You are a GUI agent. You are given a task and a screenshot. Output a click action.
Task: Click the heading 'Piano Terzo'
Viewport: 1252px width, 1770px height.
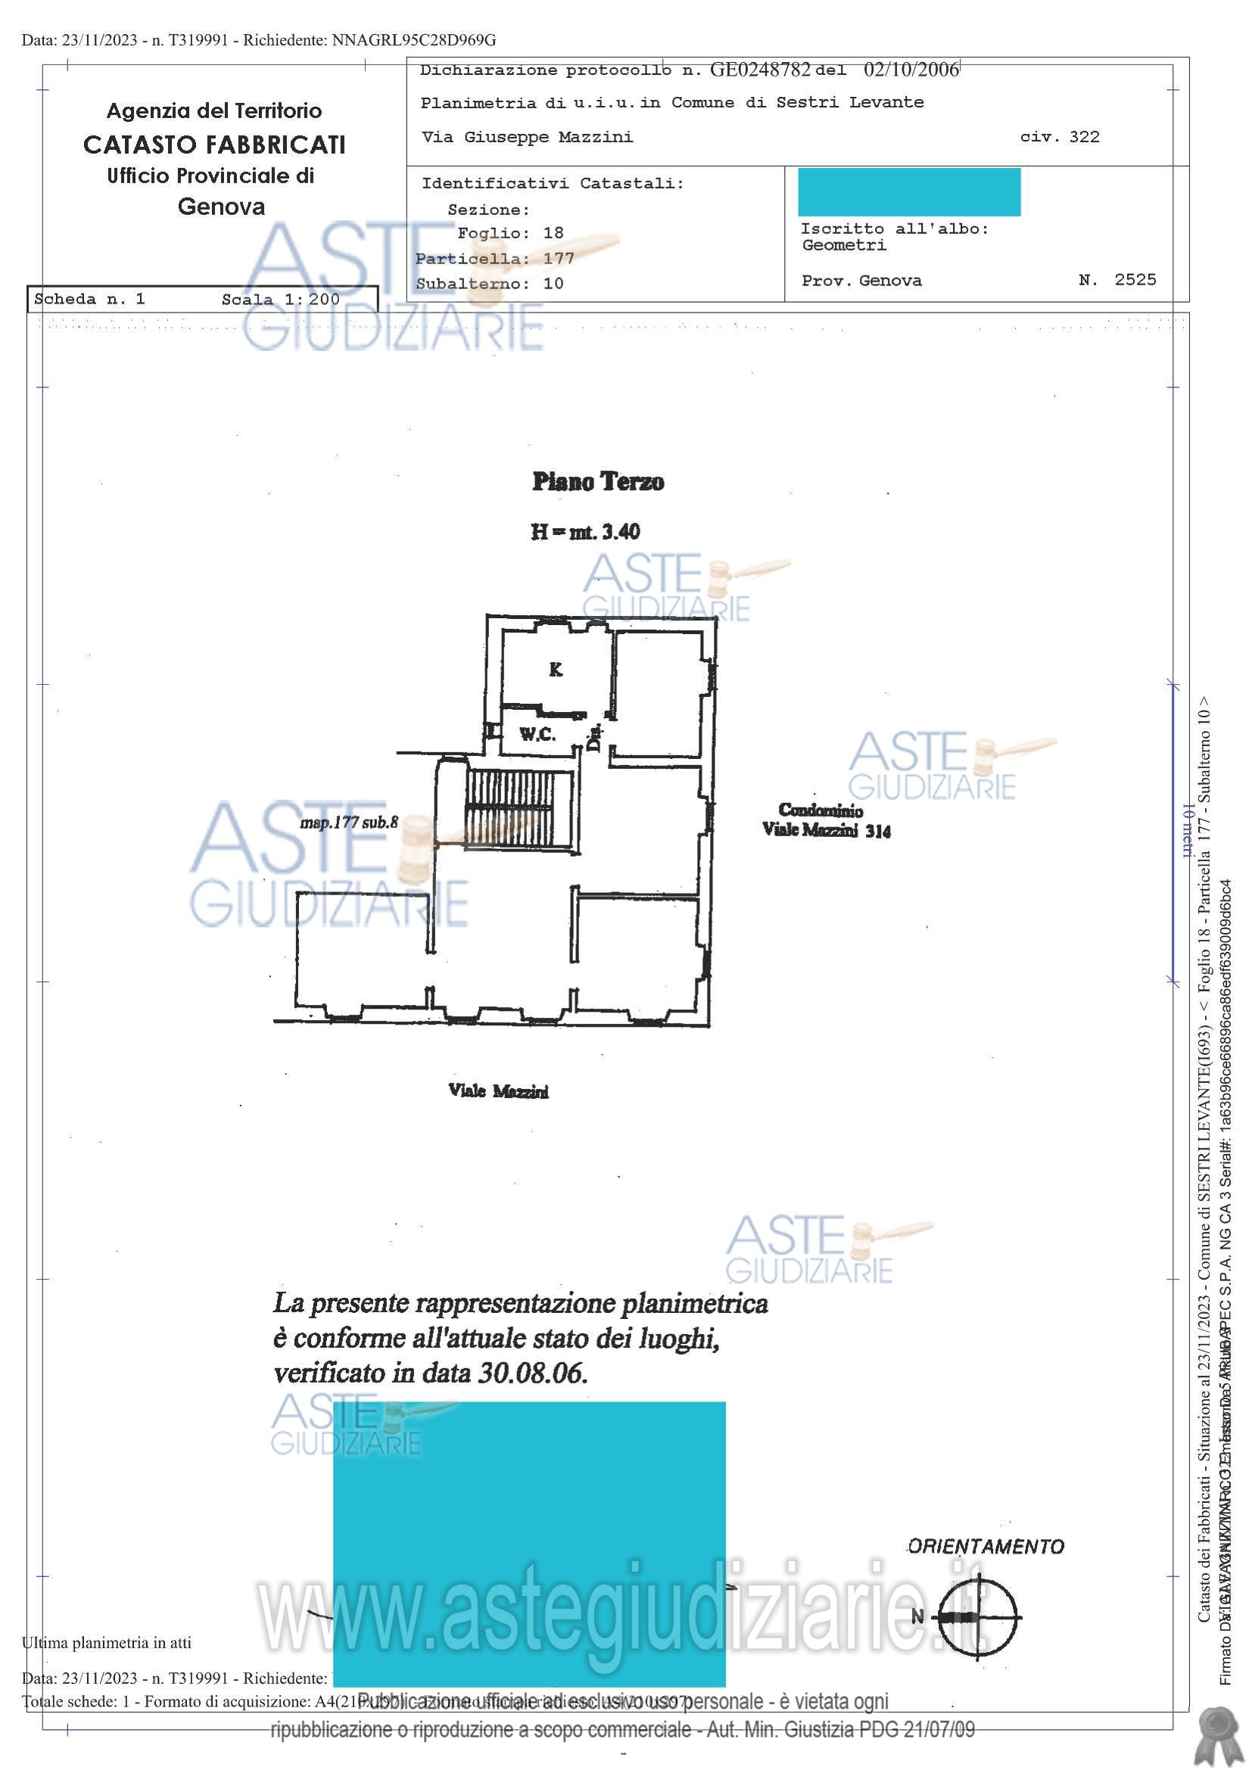point(597,482)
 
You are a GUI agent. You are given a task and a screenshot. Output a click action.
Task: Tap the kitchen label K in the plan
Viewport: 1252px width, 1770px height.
point(555,669)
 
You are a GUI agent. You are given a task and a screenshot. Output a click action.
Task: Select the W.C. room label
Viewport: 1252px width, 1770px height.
point(537,734)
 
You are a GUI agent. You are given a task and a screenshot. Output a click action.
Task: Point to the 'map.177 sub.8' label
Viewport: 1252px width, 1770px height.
point(349,823)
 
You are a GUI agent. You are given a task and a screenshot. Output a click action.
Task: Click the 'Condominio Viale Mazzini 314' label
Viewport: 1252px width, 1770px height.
point(825,820)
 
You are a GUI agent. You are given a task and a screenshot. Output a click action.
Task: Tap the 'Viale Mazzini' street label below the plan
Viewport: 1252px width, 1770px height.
point(499,1091)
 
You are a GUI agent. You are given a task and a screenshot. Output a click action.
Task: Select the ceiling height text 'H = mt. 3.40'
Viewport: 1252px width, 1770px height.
point(585,531)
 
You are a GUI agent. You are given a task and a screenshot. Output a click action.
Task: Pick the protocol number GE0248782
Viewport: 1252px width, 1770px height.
point(759,70)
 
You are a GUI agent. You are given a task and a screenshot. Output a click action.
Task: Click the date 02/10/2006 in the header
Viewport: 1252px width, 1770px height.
point(911,70)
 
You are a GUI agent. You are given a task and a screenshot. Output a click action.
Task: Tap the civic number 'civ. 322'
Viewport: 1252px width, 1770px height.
point(1059,137)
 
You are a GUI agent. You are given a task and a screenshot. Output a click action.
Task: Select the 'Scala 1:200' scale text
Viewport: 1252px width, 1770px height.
point(281,300)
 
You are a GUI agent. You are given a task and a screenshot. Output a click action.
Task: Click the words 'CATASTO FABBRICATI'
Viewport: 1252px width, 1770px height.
point(214,145)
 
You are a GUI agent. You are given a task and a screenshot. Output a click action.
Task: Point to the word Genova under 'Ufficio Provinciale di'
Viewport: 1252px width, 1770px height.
point(221,207)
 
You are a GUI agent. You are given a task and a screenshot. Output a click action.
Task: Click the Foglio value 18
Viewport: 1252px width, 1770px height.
point(553,233)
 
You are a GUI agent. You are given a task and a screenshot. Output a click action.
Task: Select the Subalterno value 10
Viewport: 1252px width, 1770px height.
point(553,284)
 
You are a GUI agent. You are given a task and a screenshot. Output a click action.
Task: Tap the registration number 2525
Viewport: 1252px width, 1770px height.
point(1135,280)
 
